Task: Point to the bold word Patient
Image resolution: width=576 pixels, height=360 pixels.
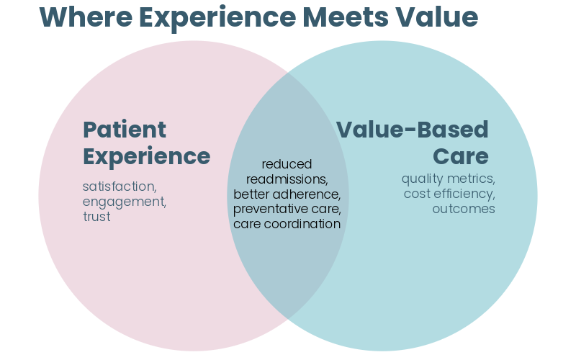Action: click(125, 130)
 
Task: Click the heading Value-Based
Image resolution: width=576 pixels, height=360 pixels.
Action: click(413, 130)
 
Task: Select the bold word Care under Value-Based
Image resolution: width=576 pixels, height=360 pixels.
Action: click(460, 156)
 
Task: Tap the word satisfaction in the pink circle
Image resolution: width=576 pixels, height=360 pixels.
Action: click(118, 186)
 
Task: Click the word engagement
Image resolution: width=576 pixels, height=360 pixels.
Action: click(124, 202)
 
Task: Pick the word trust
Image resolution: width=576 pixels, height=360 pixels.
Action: click(96, 217)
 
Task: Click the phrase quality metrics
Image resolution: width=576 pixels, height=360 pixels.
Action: click(448, 179)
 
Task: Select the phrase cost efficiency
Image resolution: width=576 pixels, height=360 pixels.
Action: click(449, 194)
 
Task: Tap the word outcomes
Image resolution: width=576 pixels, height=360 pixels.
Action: click(464, 209)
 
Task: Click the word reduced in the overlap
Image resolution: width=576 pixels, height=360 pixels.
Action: click(287, 164)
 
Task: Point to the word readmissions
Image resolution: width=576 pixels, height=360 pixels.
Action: click(287, 179)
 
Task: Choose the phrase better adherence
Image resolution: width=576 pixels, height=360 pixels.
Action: click(287, 194)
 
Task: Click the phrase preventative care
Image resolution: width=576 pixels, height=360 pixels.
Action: click(287, 209)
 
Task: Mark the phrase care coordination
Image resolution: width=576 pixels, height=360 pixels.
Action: click(287, 224)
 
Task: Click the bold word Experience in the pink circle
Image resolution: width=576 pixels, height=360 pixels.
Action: click(146, 156)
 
